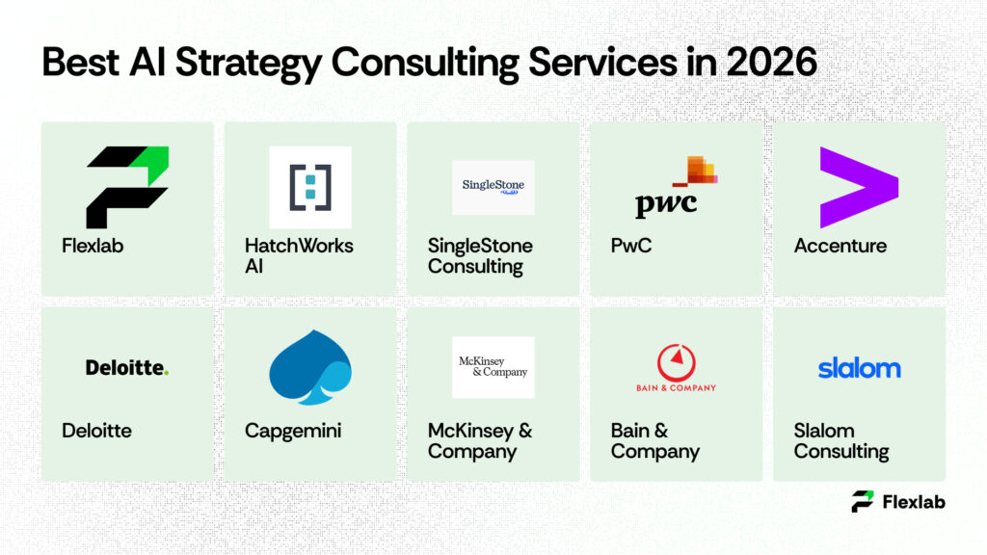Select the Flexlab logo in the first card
point(127,187)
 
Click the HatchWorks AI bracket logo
point(309,187)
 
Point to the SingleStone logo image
point(493,187)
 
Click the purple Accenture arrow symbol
point(858,187)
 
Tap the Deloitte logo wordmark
point(126,367)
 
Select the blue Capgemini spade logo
point(309,367)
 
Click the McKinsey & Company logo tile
point(493,367)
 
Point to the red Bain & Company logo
point(676,367)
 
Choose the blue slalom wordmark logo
point(859,368)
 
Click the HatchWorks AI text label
point(299,255)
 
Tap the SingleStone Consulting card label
point(480,255)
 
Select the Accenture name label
point(840,246)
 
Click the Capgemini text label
point(293,431)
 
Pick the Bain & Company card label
point(654,440)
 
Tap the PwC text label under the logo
point(630,246)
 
